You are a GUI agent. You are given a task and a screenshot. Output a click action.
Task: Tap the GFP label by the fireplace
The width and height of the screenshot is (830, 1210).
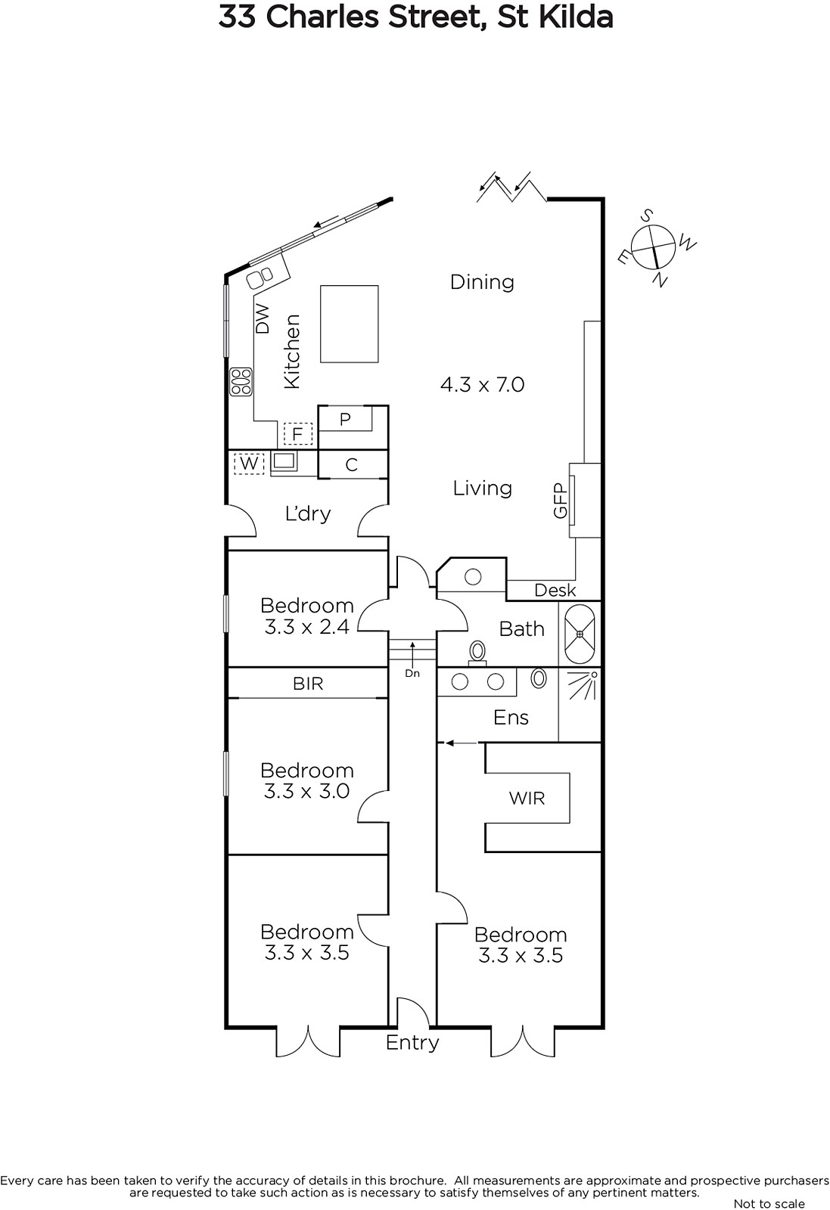coord(561,501)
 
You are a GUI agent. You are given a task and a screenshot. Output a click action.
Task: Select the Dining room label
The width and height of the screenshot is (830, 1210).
coord(482,282)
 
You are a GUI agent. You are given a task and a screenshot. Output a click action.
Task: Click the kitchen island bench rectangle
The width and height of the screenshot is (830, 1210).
coord(349,324)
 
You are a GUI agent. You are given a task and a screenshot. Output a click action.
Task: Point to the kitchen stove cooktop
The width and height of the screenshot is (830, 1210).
coord(241,381)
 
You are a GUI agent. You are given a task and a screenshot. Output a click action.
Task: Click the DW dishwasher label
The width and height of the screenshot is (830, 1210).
coord(262,318)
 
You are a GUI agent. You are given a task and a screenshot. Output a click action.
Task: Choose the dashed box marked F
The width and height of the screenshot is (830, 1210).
coord(298,434)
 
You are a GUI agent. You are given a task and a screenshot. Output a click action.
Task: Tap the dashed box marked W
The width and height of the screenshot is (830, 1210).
coord(249,464)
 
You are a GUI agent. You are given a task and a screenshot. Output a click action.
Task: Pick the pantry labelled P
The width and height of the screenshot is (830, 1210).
coord(345,419)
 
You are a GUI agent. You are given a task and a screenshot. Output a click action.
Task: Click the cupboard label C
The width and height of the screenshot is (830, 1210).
coord(352,464)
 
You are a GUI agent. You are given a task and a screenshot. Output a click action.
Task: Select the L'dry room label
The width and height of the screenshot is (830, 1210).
coord(308,513)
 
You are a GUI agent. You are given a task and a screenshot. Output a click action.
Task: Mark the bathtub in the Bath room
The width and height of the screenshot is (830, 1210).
coord(580,634)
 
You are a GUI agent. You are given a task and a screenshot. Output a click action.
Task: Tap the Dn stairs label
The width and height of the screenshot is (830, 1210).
coord(412,673)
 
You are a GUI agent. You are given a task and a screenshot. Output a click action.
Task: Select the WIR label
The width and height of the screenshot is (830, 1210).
coord(527,799)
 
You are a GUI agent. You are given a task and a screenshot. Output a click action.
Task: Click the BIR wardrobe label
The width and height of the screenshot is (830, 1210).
coord(308,684)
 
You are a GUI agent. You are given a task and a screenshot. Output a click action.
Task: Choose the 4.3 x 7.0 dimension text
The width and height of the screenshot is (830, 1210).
coord(482,385)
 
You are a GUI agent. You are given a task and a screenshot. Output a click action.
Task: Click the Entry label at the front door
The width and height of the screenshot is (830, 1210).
coord(412,1043)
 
